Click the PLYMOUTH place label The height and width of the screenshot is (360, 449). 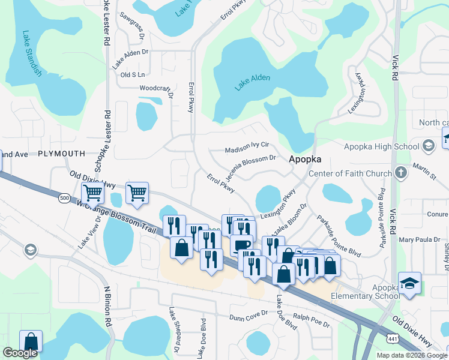coord(62,154)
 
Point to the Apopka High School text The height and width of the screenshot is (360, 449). coord(381,146)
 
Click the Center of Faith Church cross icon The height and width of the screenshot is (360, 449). coord(401,173)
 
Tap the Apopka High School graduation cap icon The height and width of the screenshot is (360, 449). coord(429,146)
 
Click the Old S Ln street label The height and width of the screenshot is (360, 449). coord(133,75)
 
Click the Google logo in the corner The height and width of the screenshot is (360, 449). coord(20,353)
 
